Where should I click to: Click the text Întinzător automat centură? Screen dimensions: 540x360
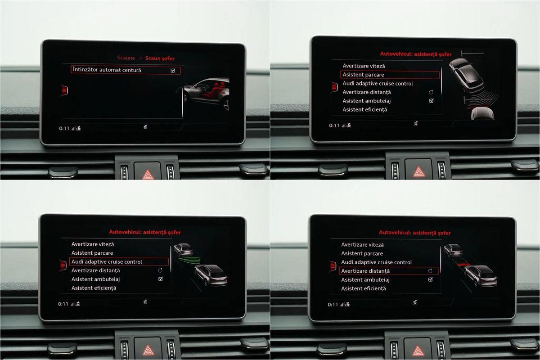pyautogui.click(x=107, y=70)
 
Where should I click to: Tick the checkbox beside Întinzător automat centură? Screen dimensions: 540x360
pyautogui.click(x=173, y=70)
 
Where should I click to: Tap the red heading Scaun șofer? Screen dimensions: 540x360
pyautogui.click(x=160, y=58)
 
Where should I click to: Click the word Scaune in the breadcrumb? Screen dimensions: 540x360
pyautogui.click(x=126, y=58)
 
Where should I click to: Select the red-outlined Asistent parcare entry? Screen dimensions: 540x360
pyautogui.click(x=390, y=75)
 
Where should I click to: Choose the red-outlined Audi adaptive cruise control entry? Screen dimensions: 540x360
pyautogui.click(x=119, y=261)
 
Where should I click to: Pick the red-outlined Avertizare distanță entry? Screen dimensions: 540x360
pyautogui.click(x=388, y=271)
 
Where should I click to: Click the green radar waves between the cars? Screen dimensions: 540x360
pyautogui.click(x=189, y=261)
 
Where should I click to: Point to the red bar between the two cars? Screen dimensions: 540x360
pyautogui.click(x=463, y=265)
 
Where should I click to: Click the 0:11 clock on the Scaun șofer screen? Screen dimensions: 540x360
pyautogui.click(x=64, y=129)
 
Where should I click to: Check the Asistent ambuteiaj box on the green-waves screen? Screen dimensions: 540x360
pyautogui.click(x=161, y=279)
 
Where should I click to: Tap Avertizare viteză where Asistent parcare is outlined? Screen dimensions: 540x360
pyautogui.click(x=364, y=66)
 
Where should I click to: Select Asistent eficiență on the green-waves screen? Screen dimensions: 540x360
pyautogui.click(x=94, y=288)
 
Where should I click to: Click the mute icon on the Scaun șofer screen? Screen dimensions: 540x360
pyautogui.click(x=145, y=127)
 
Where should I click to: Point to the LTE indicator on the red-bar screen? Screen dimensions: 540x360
pyautogui.click(x=347, y=305)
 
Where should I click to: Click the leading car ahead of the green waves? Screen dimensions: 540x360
pyautogui.click(x=183, y=250)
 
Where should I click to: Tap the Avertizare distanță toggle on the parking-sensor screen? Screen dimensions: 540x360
pyautogui.click(x=431, y=92)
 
